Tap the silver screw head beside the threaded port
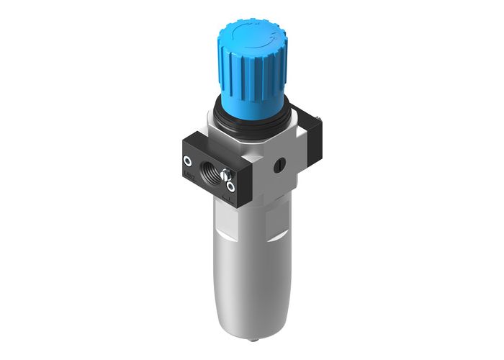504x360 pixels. pyautogui.click(x=227, y=174)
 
